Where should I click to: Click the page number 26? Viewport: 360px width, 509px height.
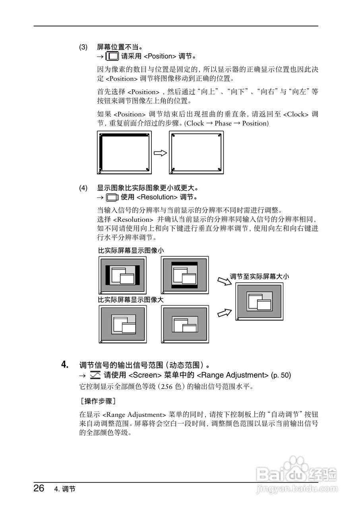(x=39, y=488)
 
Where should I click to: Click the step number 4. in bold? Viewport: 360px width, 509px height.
(x=65, y=364)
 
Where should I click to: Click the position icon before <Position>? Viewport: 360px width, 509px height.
(x=113, y=56)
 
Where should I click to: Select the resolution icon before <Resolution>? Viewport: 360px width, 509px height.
(x=113, y=197)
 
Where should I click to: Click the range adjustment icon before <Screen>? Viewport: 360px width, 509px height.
(x=95, y=375)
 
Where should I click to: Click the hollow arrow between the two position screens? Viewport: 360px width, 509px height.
(x=160, y=153)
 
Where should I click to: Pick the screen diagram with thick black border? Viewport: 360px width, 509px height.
(x=124, y=153)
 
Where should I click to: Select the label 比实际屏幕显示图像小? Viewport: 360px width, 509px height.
(x=131, y=251)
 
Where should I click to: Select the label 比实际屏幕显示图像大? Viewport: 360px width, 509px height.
(x=131, y=299)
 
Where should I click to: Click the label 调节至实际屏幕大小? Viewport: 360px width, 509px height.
(x=259, y=276)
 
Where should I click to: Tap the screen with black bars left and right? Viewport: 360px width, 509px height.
(x=122, y=275)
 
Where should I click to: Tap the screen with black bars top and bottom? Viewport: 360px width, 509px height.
(x=185, y=275)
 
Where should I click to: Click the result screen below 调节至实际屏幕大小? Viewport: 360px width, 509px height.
(x=259, y=301)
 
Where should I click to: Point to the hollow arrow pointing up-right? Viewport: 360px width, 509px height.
(x=224, y=313)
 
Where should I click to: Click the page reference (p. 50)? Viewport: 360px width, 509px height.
(x=281, y=375)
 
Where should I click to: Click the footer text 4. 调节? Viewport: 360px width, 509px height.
(x=64, y=489)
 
